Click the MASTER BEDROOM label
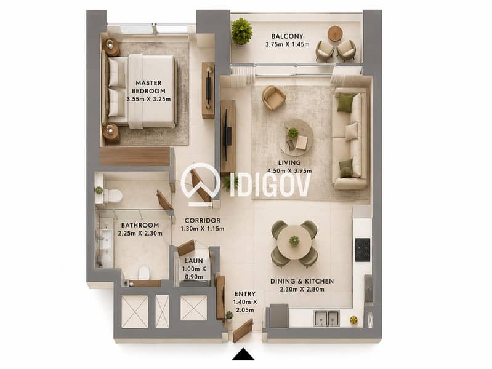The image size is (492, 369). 148,87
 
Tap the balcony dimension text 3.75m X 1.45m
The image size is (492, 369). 287,44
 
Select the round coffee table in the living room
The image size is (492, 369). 297,137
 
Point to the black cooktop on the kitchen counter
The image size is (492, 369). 363,250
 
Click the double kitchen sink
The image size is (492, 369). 326,318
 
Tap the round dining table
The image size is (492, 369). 294,242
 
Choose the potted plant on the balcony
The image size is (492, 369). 241,31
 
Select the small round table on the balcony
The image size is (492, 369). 335,33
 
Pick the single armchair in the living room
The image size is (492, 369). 273,98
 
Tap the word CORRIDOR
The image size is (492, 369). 203,220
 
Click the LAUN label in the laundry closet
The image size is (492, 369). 193,261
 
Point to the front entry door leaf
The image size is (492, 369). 243,330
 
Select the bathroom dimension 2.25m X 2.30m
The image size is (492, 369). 140,233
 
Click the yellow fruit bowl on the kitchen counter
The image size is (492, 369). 353,320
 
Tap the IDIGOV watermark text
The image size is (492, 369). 270,185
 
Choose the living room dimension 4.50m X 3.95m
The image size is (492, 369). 289,171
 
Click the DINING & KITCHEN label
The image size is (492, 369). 302,281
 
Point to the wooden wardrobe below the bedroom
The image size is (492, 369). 135,156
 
